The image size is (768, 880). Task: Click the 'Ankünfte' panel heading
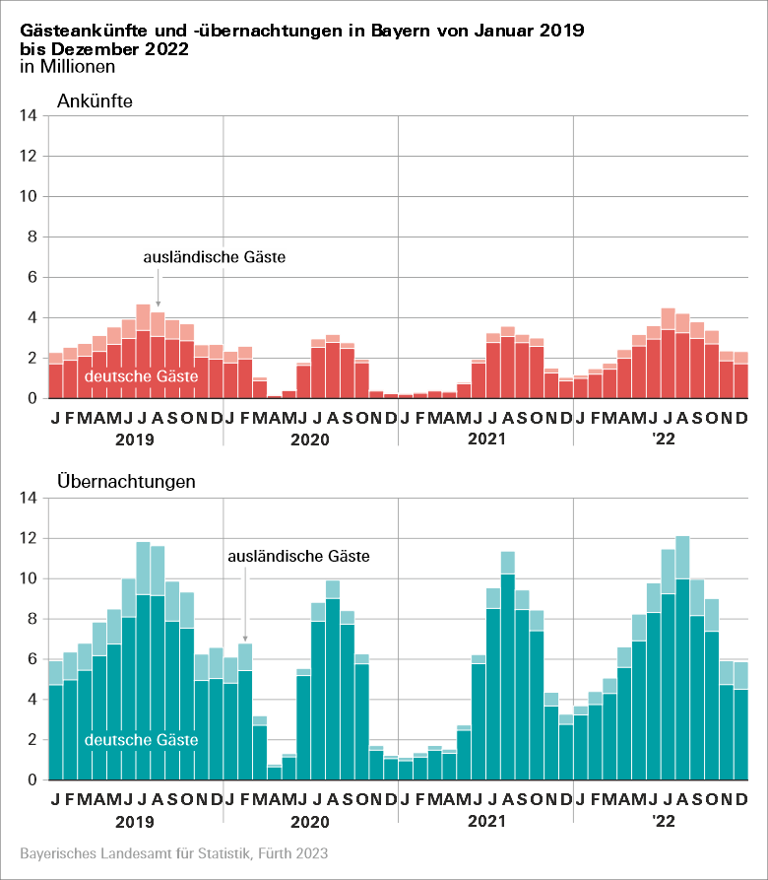point(95,101)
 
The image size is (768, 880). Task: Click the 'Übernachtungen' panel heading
point(126,482)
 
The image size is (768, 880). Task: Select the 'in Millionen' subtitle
point(68,67)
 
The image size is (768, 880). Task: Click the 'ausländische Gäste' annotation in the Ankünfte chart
point(214,258)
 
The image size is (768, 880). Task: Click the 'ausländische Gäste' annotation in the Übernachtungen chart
point(298,557)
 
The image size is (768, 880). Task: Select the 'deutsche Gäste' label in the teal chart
point(142,739)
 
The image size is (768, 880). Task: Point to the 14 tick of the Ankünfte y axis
point(29,116)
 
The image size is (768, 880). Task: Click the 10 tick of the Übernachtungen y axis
point(29,579)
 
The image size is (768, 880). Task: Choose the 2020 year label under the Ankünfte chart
point(310,439)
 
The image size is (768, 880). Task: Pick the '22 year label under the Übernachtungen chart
point(659,820)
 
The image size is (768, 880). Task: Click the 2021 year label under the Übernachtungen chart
point(485,820)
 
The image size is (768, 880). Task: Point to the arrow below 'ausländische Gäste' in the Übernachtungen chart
point(245,611)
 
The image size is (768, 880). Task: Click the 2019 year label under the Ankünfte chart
point(135,439)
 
